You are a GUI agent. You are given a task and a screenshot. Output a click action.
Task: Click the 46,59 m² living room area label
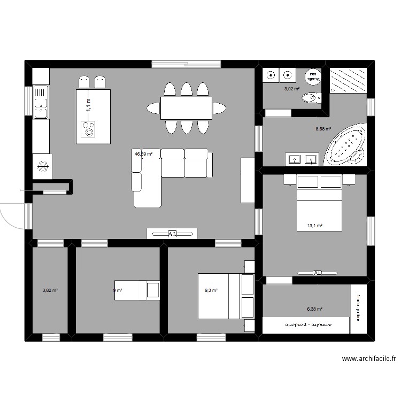[x=143, y=154]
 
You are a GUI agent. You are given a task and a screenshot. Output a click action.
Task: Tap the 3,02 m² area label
[x=291, y=89]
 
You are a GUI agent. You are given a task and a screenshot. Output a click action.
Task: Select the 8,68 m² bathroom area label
[x=324, y=129]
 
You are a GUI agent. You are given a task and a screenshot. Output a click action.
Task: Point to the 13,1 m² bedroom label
[x=314, y=226]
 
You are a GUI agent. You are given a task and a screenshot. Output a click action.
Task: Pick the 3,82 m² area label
[x=50, y=291]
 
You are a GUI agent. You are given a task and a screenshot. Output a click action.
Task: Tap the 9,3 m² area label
[x=211, y=290]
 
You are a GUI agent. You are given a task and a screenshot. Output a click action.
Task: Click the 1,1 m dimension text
[x=89, y=104]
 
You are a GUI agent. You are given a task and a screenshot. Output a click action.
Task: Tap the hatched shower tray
[x=348, y=80]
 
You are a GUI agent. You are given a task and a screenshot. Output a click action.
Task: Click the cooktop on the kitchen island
[x=88, y=129]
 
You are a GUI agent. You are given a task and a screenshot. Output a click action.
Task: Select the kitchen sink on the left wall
[x=40, y=102]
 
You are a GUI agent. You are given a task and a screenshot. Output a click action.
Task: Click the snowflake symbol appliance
[x=42, y=167]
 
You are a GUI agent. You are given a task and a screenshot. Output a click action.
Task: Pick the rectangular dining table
[x=186, y=108]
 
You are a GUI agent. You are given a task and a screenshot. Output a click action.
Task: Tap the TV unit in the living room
[x=172, y=234]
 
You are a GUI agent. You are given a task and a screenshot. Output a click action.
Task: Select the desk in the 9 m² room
[x=137, y=290]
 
